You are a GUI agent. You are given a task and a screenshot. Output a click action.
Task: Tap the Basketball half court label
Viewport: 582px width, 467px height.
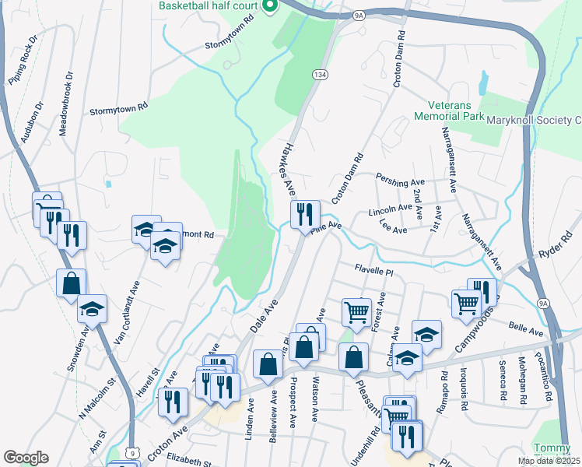click(209, 5)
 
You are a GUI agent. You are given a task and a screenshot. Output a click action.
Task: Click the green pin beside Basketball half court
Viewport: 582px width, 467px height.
click(270, 6)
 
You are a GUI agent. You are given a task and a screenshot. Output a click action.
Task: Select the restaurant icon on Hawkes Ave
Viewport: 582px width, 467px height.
click(305, 214)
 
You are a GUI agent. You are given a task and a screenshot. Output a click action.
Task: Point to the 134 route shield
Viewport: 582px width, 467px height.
click(319, 73)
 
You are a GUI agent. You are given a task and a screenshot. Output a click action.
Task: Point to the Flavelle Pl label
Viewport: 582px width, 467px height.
click(375, 272)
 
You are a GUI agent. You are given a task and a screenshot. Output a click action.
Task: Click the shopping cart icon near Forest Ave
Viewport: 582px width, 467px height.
click(356, 311)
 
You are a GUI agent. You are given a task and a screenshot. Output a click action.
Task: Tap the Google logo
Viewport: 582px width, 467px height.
click(26, 458)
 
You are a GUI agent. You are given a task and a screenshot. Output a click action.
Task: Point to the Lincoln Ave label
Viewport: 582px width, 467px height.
click(390, 209)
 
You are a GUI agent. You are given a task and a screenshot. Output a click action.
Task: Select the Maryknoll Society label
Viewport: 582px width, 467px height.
click(534, 120)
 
